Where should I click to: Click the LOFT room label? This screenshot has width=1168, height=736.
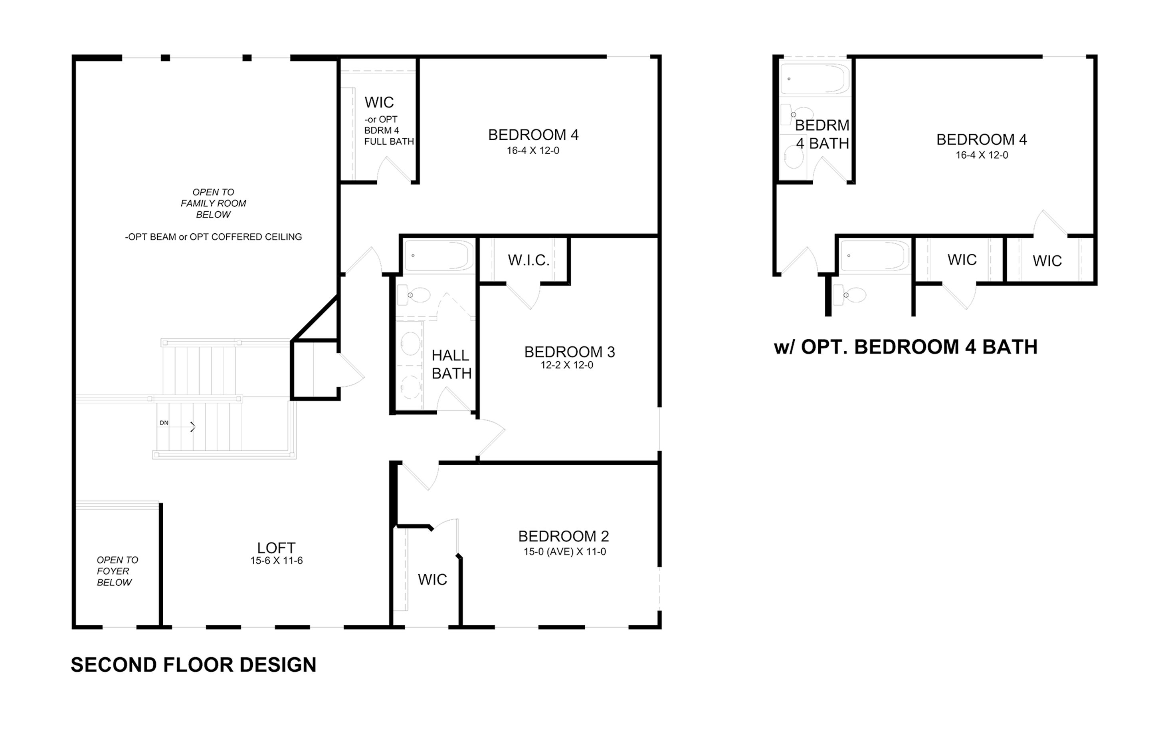pos(276,548)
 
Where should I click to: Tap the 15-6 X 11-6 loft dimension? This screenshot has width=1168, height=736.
pos(277,561)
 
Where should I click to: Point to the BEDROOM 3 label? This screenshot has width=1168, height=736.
pos(570,352)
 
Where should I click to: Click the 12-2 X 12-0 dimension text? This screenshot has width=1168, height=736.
pos(567,365)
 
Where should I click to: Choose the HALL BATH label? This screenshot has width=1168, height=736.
pos(451,364)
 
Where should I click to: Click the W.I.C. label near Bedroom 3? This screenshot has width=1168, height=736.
pos(529,261)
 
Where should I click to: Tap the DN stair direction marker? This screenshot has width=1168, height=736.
pos(164,423)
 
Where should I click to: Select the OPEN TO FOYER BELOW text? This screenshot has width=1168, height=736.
pos(117,571)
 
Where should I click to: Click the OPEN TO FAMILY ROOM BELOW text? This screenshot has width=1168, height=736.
pos(214,203)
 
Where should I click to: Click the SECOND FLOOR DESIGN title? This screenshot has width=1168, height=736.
pos(194,664)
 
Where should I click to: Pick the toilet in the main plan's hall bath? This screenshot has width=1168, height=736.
pos(414,295)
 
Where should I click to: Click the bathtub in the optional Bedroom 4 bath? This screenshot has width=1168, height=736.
pos(815,79)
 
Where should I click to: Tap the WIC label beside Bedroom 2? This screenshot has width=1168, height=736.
pos(432,580)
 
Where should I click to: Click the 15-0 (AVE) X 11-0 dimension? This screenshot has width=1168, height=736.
pos(564,551)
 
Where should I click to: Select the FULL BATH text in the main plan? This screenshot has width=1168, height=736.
pos(389,142)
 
